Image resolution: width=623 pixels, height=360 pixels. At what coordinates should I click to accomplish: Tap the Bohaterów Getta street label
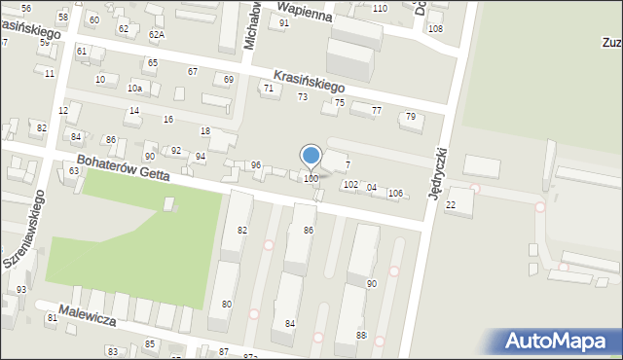click(x=124, y=167)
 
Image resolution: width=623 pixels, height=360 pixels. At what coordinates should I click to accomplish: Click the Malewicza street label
click(x=87, y=315)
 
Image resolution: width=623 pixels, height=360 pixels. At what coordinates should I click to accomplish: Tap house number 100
click(x=311, y=179)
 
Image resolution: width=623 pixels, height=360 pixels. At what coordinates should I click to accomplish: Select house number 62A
click(x=156, y=34)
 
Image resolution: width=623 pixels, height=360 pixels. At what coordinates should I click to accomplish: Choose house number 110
click(x=379, y=8)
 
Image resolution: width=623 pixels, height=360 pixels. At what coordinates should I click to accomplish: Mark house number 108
click(x=434, y=28)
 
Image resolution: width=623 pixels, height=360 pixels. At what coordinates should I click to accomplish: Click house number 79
click(x=411, y=117)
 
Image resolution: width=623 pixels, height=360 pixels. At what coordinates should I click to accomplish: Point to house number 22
click(x=450, y=205)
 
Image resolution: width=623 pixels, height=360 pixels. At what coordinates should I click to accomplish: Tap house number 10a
click(x=134, y=89)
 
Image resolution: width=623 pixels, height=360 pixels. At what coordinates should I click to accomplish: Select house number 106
click(x=395, y=193)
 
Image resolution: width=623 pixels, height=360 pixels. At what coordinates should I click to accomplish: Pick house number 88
click(x=361, y=335)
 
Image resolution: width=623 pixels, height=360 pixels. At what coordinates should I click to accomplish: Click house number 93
click(x=20, y=290)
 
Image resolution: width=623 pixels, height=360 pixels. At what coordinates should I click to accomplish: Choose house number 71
click(x=269, y=89)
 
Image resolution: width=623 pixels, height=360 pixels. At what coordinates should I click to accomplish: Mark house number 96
click(x=256, y=165)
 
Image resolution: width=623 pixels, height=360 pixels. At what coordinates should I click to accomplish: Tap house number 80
click(x=227, y=305)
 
